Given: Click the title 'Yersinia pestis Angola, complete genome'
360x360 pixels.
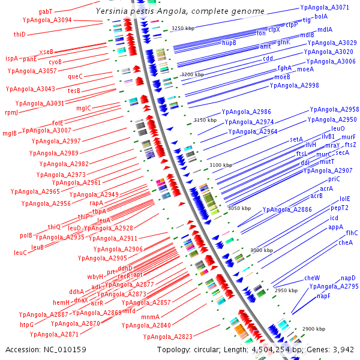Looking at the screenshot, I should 180,11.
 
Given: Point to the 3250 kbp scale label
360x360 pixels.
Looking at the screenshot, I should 184,28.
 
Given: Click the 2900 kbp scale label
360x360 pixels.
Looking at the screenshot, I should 313,329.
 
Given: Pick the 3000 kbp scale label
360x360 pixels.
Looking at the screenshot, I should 262,250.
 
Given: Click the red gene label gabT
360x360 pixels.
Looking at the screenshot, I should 46,11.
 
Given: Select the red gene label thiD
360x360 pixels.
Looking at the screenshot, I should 20,35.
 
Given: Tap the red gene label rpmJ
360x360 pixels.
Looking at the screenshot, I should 11,112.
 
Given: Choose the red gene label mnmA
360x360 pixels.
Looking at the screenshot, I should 151,317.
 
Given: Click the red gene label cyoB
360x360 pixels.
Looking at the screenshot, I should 55,62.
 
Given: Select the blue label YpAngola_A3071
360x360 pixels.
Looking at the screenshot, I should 324,7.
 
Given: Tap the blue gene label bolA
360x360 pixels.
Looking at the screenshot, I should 321,16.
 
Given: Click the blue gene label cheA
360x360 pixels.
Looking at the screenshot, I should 346,242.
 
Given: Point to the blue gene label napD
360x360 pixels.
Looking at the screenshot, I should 349,278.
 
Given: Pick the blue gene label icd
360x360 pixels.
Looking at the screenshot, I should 334,218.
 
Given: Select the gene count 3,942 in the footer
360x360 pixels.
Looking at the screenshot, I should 343,349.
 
